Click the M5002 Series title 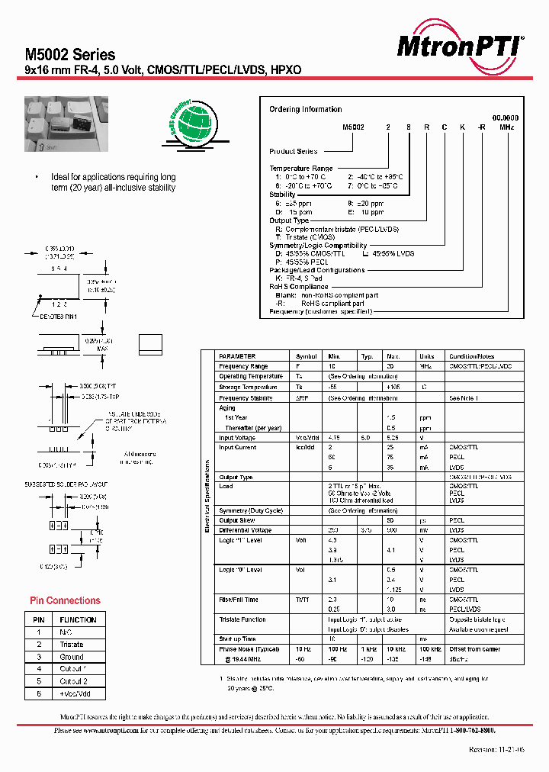[70, 55]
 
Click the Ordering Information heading [305, 109]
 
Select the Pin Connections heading [65, 600]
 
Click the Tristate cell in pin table [72, 645]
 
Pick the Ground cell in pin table [72, 657]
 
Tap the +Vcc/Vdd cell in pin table [75, 693]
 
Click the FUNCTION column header [78, 619]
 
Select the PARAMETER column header [237, 356]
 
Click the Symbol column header [307, 356]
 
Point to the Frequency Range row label [243, 366]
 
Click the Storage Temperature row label [246, 388]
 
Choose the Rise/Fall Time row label [239, 600]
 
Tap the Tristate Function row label [242, 619]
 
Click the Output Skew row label [236, 520]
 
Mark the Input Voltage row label [238, 438]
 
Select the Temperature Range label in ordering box [301, 168]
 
